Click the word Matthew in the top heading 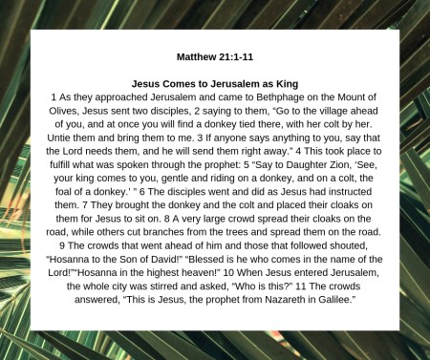click(x=199, y=57)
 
